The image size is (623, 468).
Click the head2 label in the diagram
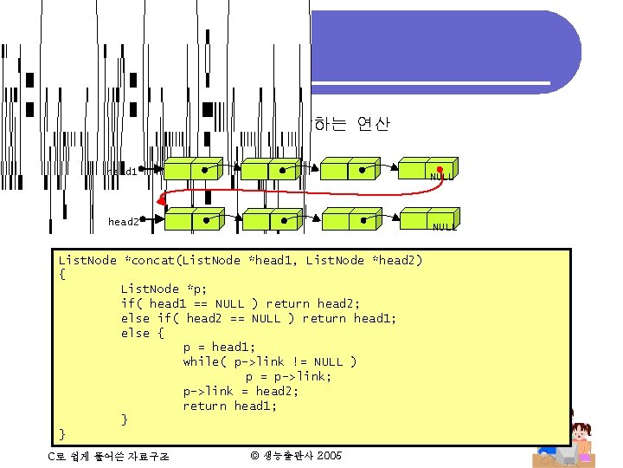click(x=123, y=222)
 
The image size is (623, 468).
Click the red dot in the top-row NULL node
click(x=440, y=169)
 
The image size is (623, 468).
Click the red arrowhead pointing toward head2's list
click(x=162, y=199)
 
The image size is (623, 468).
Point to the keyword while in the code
click(x=202, y=361)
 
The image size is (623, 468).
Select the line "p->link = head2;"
click(x=241, y=391)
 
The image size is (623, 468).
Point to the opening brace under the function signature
click(x=61, y=274)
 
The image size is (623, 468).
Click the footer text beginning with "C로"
click(x=109, y=456)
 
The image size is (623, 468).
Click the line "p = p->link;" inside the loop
click(x=288, y=376)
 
